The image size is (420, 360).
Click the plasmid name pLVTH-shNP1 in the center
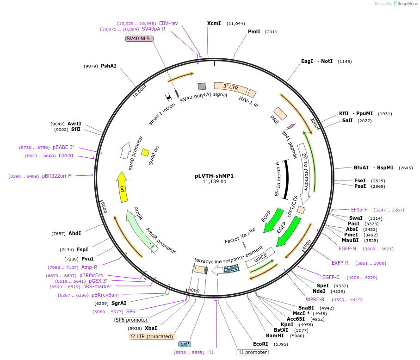(x=214, y=176)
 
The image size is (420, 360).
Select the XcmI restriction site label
(x=214, y=23)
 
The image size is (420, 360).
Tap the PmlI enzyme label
(x=254, y=32)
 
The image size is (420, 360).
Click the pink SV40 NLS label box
(x=139, y=39)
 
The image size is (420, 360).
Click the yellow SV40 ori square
(x=145, y=152)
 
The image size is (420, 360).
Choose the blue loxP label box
(x=185, y=344)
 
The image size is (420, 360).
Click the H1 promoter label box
(x=252, y=352)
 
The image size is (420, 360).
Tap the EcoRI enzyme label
(x=260, y=344)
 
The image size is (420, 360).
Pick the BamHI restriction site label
(x=275, y=335)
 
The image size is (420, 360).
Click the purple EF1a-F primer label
(x=359, y=210)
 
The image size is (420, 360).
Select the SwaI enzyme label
(x=356, y=218)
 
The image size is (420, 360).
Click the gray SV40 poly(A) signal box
(x=202, y=87)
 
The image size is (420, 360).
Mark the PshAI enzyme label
(x=109, y=66)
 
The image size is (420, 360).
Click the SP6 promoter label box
(x=132, y=320)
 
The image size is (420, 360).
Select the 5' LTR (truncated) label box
(x=152, y=336)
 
